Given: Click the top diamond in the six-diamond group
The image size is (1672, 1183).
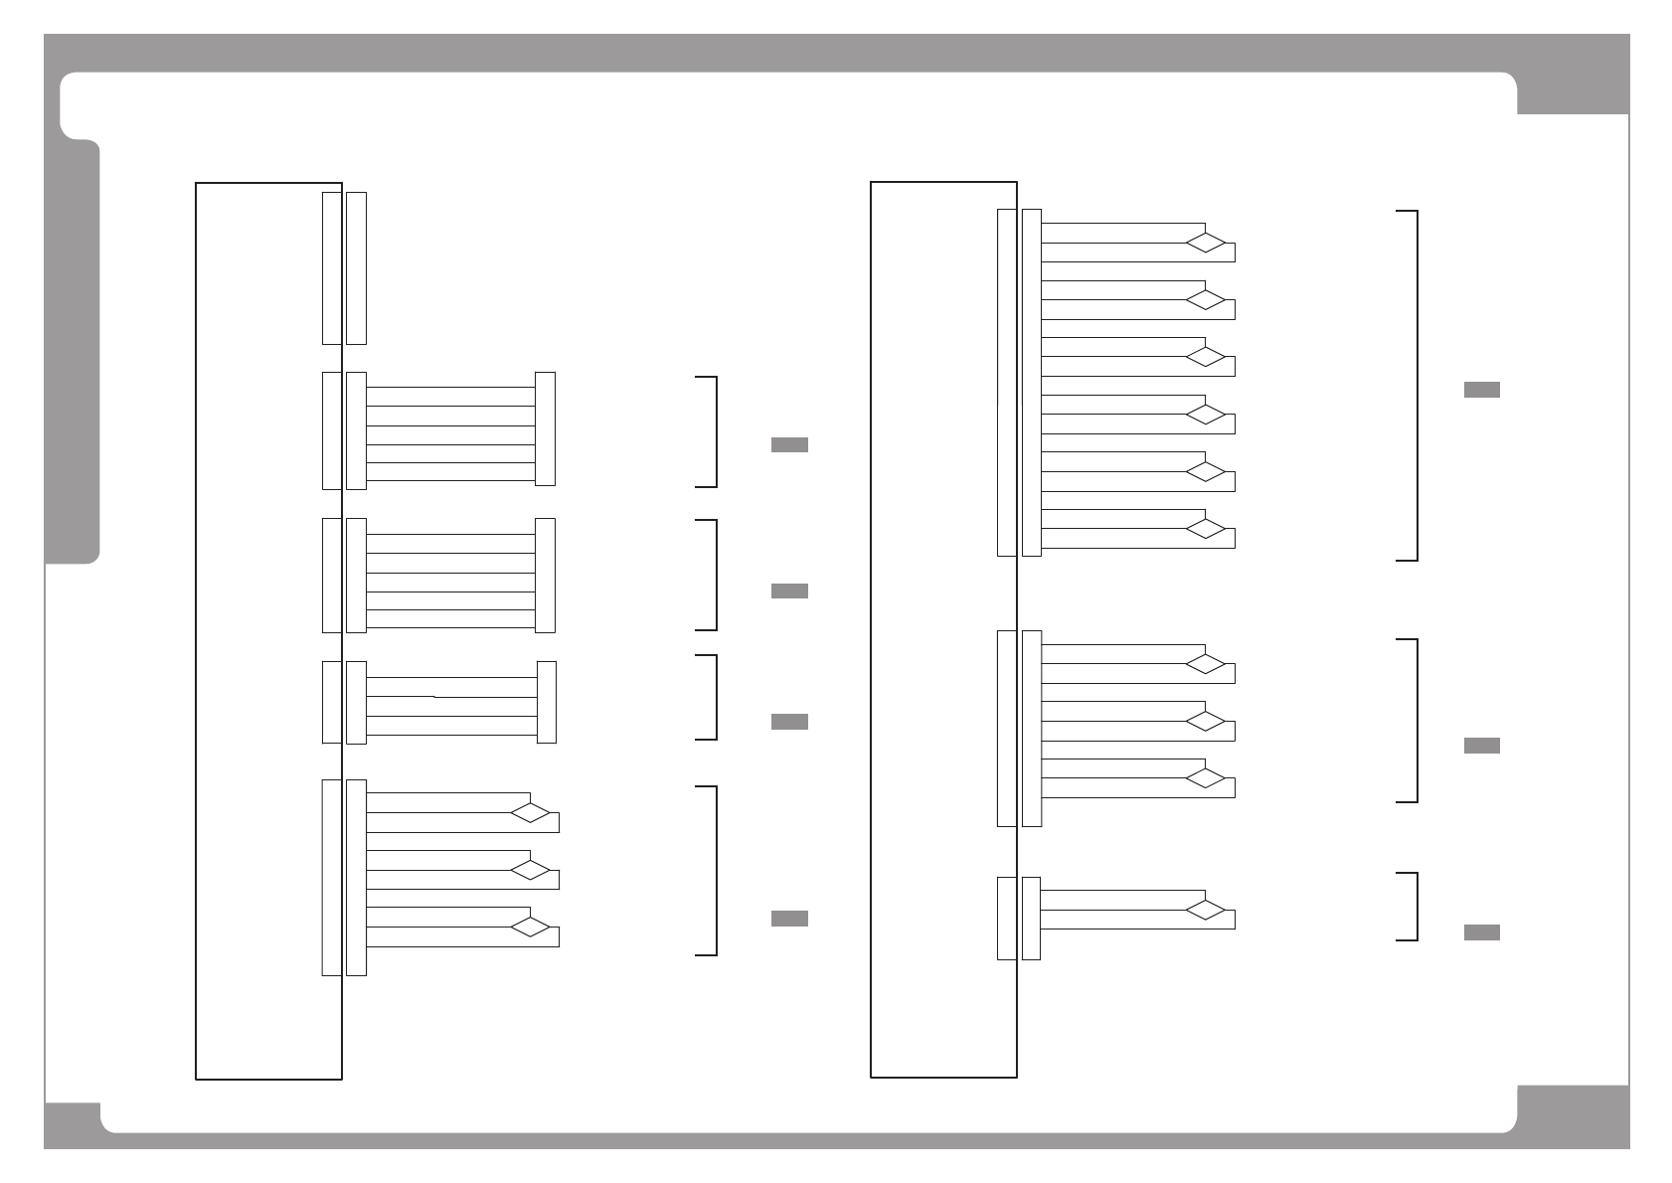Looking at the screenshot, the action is pyautogui.click(x=1205, y=243).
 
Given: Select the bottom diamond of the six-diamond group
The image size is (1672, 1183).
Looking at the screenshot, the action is pyautogui.click(x=1205, y=529).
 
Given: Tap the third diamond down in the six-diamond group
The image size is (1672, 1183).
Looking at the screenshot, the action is pyautogui.click(x=1205, y=357).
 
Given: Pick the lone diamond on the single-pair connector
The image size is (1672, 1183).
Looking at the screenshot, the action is pyautogui.click(x=1205, y=910).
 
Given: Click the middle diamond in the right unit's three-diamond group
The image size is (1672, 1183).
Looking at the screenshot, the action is pyautogui.click(x=1205, y=721).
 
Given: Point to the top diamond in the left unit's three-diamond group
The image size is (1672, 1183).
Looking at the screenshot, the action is pyautogui.click(x=530, y=812).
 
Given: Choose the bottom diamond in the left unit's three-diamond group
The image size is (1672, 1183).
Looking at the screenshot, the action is pyautogui.click(x=530, y=927).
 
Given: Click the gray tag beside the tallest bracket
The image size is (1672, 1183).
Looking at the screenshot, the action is pyautogui.click(x=1481, y=390).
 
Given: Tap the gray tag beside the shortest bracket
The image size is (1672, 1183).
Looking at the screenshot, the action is pyautogui.click(x=1481, y=932).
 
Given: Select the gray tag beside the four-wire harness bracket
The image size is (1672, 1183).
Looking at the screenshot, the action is pyautogui.click(x=789, y=722).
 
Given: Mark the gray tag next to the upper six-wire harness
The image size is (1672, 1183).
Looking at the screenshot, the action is pyautogui.click(x=789, y=445).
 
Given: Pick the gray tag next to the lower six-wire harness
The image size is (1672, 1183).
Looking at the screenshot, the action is pyautogui.click(x=789, y=591).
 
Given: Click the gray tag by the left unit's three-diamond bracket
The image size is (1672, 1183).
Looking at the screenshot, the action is pyautogui.click(x=789, y=919).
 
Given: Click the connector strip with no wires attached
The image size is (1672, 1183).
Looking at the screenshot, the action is pyautogui.click(x=356, y=268).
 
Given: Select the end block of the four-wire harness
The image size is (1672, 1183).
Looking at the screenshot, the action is pyautogui.click(x=546, y=702).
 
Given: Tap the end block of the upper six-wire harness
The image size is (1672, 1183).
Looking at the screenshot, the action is pyautogui.click(x=545, y=428).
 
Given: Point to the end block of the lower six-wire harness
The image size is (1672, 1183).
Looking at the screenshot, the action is pyautogui.click(x=545, y=575).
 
